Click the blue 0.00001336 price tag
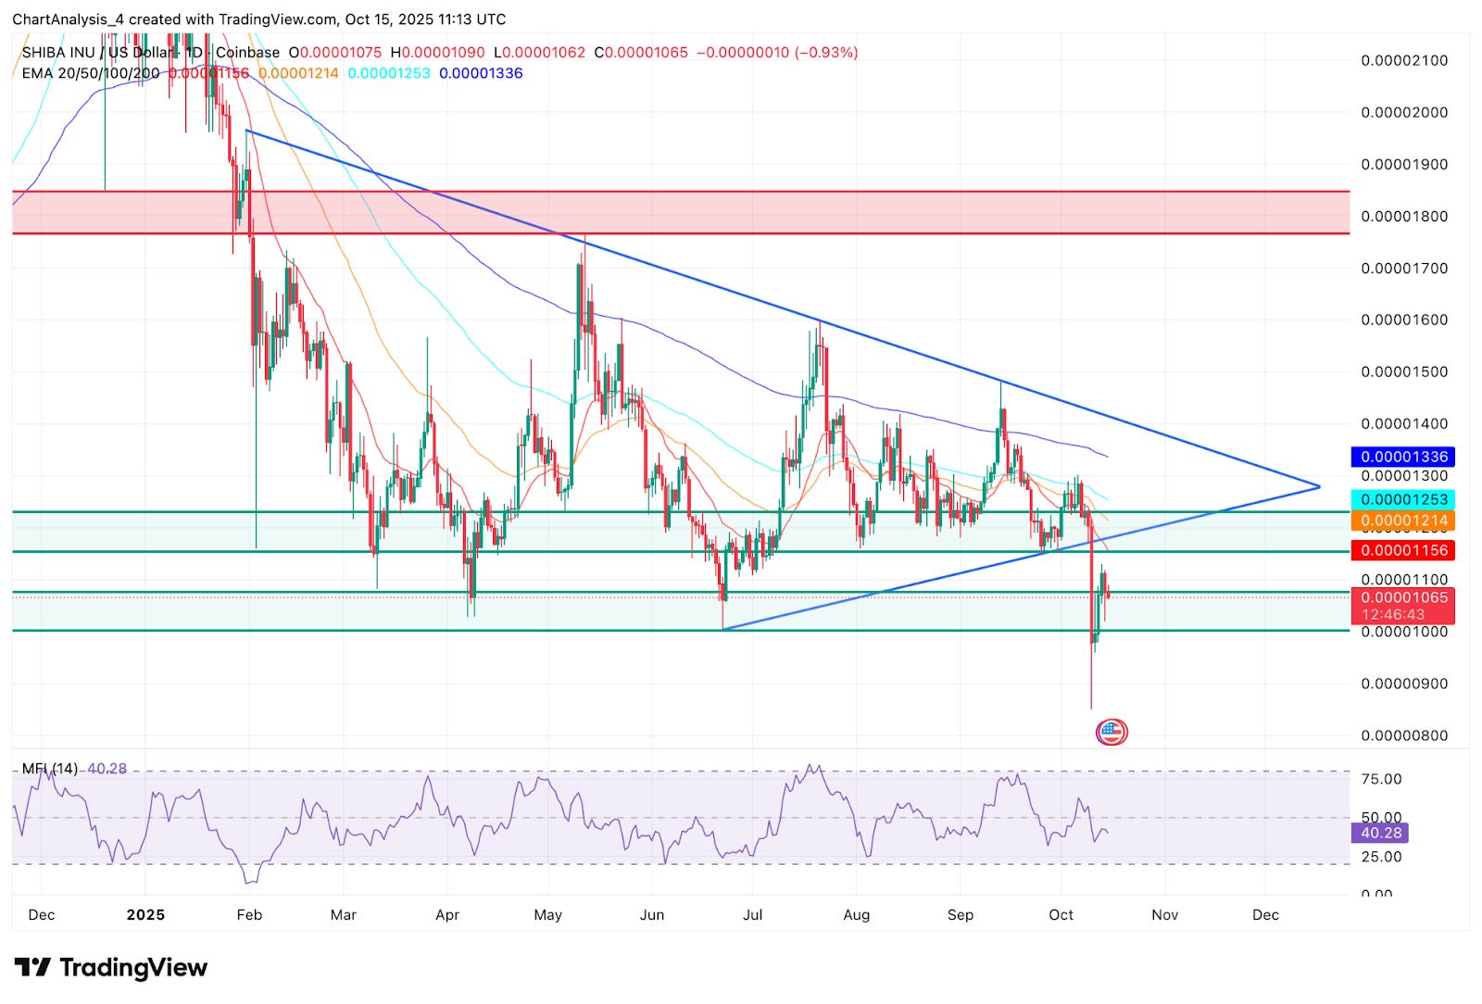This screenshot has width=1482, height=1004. [1403, 457]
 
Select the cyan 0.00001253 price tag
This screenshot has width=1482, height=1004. [1403, 499]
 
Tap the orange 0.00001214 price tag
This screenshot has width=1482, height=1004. [1403, 521]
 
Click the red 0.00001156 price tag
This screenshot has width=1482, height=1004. [1403, 550]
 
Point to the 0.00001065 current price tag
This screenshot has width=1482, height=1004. [1403, 598]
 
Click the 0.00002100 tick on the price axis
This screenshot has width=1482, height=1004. [1403, 60]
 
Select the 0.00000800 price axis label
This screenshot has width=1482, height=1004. [1403, 735]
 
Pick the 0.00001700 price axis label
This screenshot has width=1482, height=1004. [1403, 269]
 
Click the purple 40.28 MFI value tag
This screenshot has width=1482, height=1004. [1381, 833]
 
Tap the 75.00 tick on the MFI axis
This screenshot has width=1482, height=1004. [1381, 779]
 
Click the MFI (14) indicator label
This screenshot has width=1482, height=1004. [50, 769]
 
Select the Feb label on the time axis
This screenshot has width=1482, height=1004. [249, 915]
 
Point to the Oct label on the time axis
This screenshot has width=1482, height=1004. [1061, 915]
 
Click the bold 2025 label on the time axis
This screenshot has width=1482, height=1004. [145, 915]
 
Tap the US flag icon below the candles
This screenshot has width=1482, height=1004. [1111, 733]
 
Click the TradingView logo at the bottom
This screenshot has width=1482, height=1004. [111, 968]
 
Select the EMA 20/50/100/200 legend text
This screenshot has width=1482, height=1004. [91, 73]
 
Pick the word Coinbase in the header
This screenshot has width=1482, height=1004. [247, 53]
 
